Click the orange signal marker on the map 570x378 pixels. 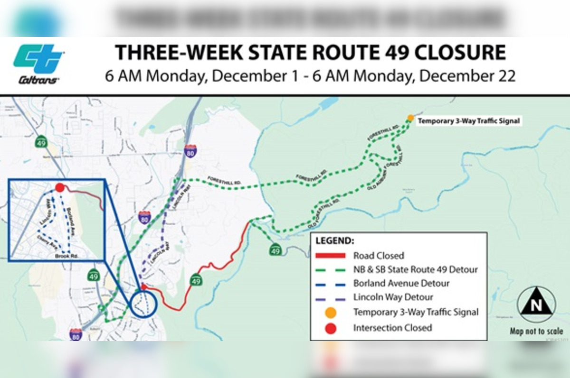click(x=410, y=118)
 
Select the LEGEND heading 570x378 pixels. click(x=334, y=241)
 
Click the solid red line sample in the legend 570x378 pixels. click(x=331, y=256)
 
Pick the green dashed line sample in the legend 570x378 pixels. click(x=331, y=270)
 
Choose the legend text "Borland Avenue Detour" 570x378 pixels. click(x=401, y=284)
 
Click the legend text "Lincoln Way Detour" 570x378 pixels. click(x=393, y=298)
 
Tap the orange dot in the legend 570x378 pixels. click(x=331, y=313)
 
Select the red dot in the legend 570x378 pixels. click(x=331, y=327)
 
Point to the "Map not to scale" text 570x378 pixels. click(x=536, y=332)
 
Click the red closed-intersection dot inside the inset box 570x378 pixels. click(x=59, y=188)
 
